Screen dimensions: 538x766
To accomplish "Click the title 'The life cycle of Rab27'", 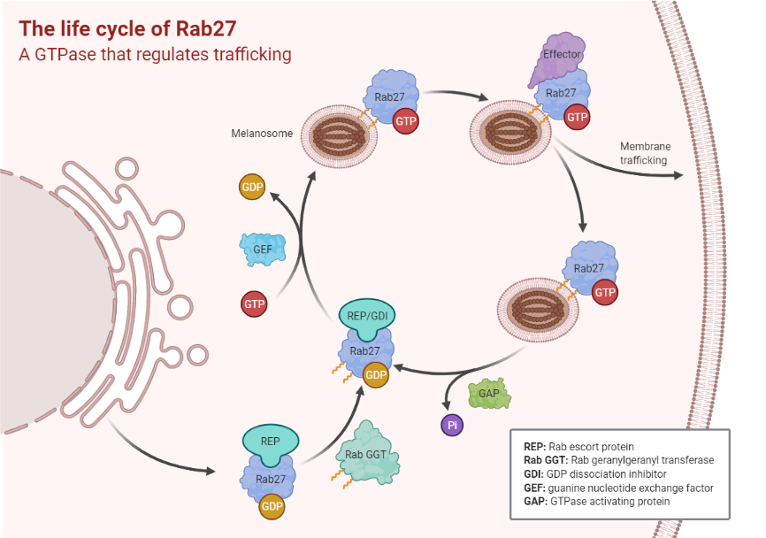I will [128, 27].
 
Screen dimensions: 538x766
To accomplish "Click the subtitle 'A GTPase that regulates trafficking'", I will [156, 54].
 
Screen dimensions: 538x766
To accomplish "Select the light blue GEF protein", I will [263, 250].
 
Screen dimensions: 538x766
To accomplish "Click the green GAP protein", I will [487, 392].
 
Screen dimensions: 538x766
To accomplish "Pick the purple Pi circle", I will [452, 425].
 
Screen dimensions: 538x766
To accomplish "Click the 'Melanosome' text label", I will [262, 134].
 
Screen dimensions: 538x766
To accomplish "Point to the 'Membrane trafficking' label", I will [644, 153].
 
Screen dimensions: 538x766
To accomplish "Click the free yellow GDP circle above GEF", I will [252, 188].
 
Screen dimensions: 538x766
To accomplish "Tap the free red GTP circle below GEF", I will [255, 305].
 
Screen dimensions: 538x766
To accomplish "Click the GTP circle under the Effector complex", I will [577, 117].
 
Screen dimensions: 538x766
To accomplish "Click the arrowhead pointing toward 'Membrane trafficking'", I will [678, 174].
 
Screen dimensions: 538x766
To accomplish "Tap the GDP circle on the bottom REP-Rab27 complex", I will [272, 507].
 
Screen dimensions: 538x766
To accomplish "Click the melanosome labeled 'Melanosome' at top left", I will [336, 140].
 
